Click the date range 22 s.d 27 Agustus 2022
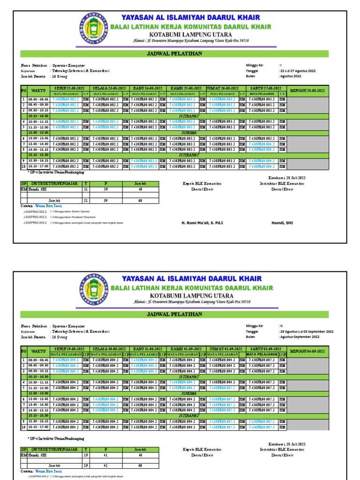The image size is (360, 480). (297, 71)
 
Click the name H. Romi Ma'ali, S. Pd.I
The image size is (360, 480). (202, 223)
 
